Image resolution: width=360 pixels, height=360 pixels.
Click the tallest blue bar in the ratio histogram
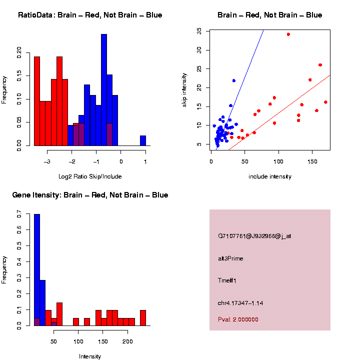click(x=104, y=90)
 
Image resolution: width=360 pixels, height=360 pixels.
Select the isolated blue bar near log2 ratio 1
click(x=143, y=140)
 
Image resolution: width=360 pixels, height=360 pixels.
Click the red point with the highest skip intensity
click(x=288, y=34)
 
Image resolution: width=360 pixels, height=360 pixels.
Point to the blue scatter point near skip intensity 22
click(x=233, y=80)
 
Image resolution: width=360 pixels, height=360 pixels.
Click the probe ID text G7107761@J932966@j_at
click(x=254, y=236)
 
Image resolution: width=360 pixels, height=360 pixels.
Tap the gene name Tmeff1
click(x=227, y=280)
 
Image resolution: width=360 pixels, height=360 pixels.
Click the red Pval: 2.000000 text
click(x=238, y=319)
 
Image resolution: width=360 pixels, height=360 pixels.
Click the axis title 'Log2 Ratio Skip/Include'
click(x=90, y=176)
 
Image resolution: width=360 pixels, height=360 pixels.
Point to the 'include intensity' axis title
click(x=270, y=176)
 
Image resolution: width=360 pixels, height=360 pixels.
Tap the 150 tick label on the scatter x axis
click(x=312, y=162)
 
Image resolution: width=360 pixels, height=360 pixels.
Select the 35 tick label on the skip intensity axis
click(x=199, y=31)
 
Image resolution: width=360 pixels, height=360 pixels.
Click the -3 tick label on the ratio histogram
click(x=47, y=162)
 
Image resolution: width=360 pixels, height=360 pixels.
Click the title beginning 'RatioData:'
click(x=90, y=15)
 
